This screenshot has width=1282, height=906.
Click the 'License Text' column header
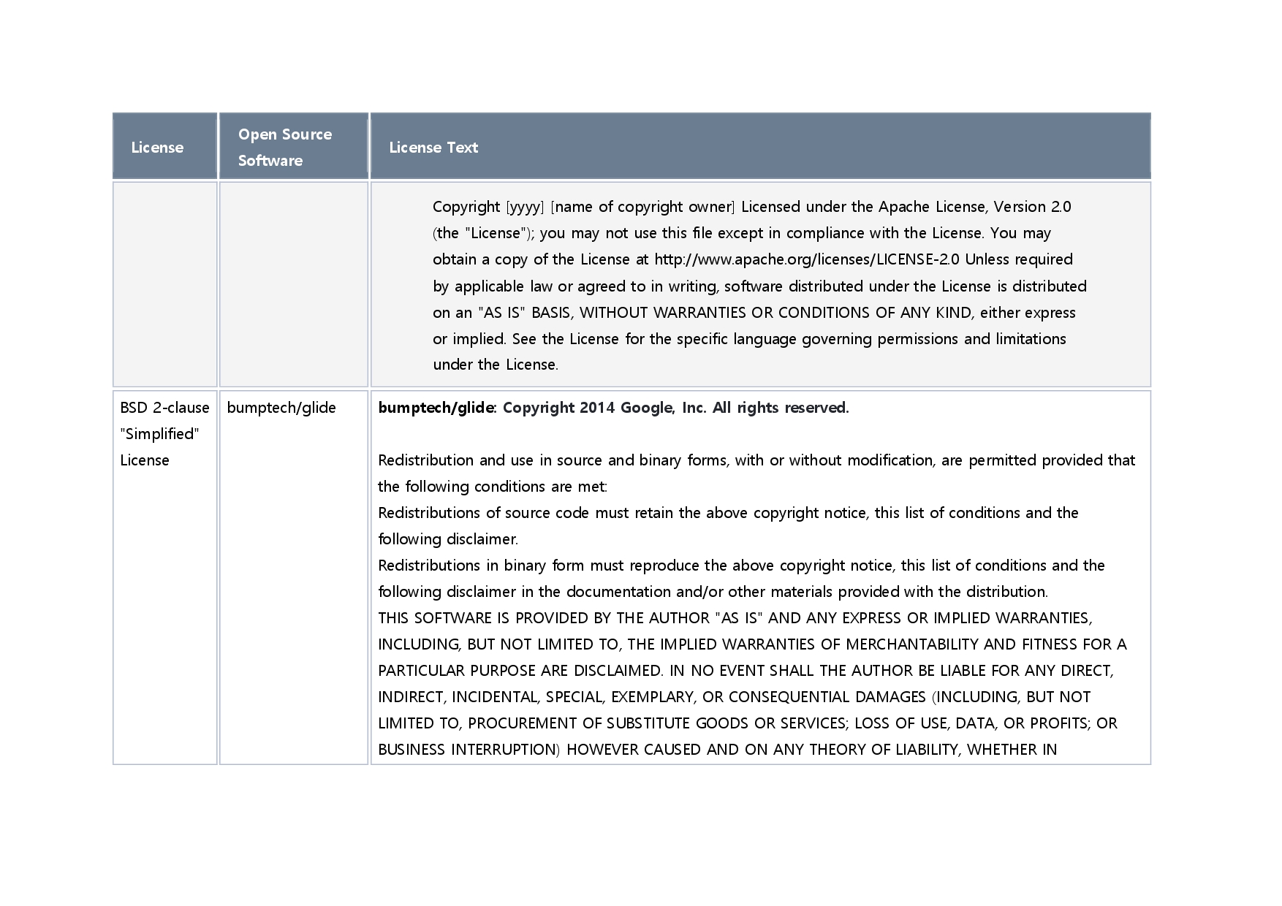click(x=433, y=148)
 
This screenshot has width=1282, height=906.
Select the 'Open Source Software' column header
click(x=285, y=147)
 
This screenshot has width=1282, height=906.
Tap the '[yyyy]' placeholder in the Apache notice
click(x=525, y=207)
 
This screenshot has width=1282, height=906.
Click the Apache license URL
click(x=807, y=259)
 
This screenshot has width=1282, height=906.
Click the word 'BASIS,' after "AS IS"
click(x=553, y=313)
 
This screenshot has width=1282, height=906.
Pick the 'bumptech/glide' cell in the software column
click(x=281, y=408)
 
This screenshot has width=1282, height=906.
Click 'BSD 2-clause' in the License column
click(x=164, y=408)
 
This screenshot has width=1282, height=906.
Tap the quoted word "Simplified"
click(x=160, y=434)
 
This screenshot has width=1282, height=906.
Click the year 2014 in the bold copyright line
click(x=598, y=408)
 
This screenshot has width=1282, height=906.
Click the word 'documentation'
click(x=618, y=592)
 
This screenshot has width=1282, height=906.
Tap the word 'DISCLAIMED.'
click(x=618, y=671)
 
